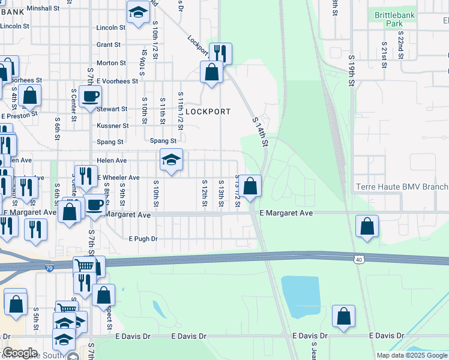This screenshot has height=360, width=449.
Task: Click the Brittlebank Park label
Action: point(394,19)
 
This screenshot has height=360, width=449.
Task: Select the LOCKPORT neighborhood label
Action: point(208,112)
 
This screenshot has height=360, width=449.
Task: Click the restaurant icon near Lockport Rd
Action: point(220,53)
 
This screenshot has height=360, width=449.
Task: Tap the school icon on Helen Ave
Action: point(171,160)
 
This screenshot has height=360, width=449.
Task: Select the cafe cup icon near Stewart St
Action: point(91,96)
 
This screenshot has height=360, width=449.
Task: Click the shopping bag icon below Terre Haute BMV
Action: point(367,227)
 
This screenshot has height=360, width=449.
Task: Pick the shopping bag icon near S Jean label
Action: point(343,316)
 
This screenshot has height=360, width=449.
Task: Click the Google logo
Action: point(20,353)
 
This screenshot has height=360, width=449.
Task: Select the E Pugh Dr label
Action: point(143,239)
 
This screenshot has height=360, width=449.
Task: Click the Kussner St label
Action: point(112,126)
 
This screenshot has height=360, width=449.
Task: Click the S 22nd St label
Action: point(398,53)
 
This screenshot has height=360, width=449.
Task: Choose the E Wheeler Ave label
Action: point(118,178)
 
